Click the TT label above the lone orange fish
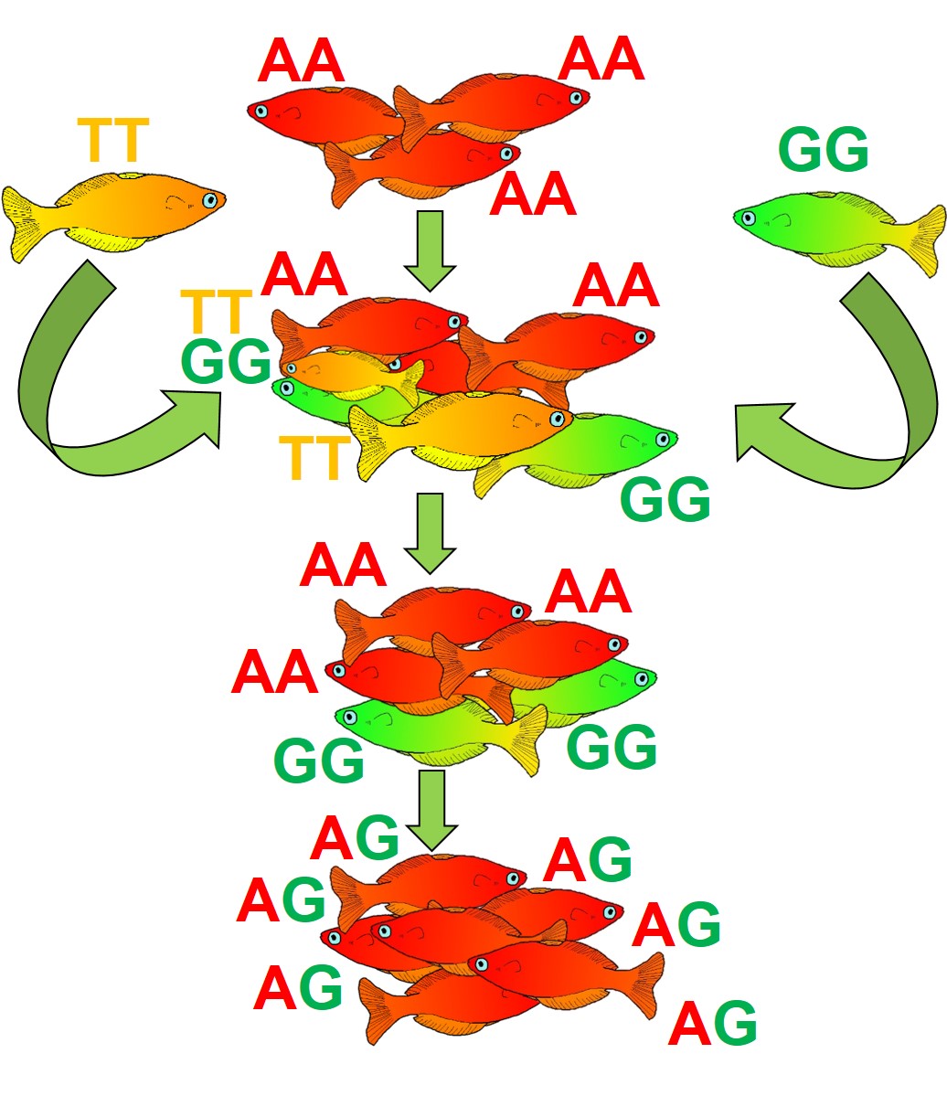point(112,141)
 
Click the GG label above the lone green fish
point(823,152)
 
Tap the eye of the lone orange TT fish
point(211,199)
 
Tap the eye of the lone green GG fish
point(749,218)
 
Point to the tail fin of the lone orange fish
point(27,222)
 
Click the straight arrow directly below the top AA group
point(429,249)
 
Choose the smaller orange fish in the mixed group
point(352,370)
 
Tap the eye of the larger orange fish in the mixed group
point(556,419)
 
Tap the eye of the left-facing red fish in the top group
point(261,112)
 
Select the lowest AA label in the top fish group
point(533,196)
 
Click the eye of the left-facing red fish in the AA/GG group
point(339,671)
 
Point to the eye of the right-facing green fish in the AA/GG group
point(642,679)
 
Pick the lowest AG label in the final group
point(713,1025)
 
